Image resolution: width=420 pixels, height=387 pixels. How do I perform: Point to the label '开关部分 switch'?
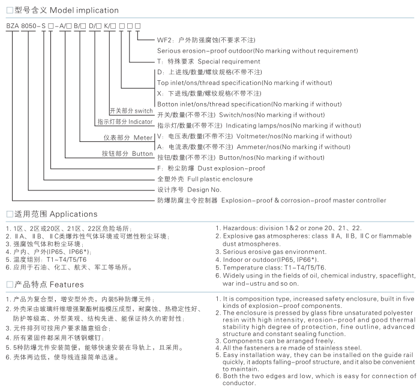(x=131, y=111)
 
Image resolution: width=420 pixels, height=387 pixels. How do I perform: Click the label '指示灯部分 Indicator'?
(x=125, y=122)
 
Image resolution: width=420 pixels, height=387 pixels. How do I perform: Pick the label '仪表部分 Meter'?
(x=128, y=138)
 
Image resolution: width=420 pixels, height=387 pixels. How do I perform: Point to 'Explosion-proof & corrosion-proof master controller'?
(x=304, y=200)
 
